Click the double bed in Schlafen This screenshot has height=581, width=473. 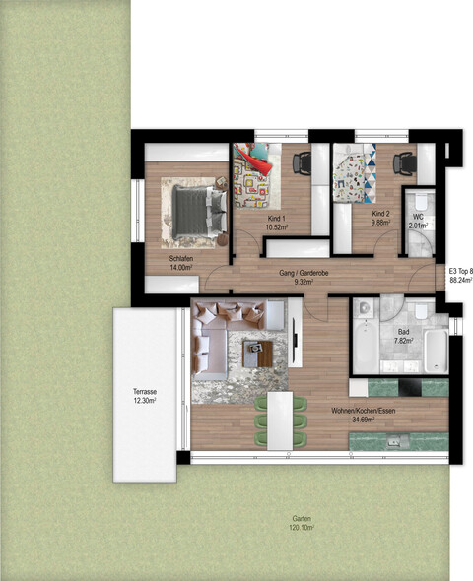point(193,210)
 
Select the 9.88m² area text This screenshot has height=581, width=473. point(380,224)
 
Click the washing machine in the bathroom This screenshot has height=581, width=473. point(363,307)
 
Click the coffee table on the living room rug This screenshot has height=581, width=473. point(258,351)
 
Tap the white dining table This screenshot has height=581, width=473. point(282,419)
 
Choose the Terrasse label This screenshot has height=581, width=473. point(145,391)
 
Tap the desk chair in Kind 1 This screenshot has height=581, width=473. point(301,161)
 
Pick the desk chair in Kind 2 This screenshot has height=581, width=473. point(404,161)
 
